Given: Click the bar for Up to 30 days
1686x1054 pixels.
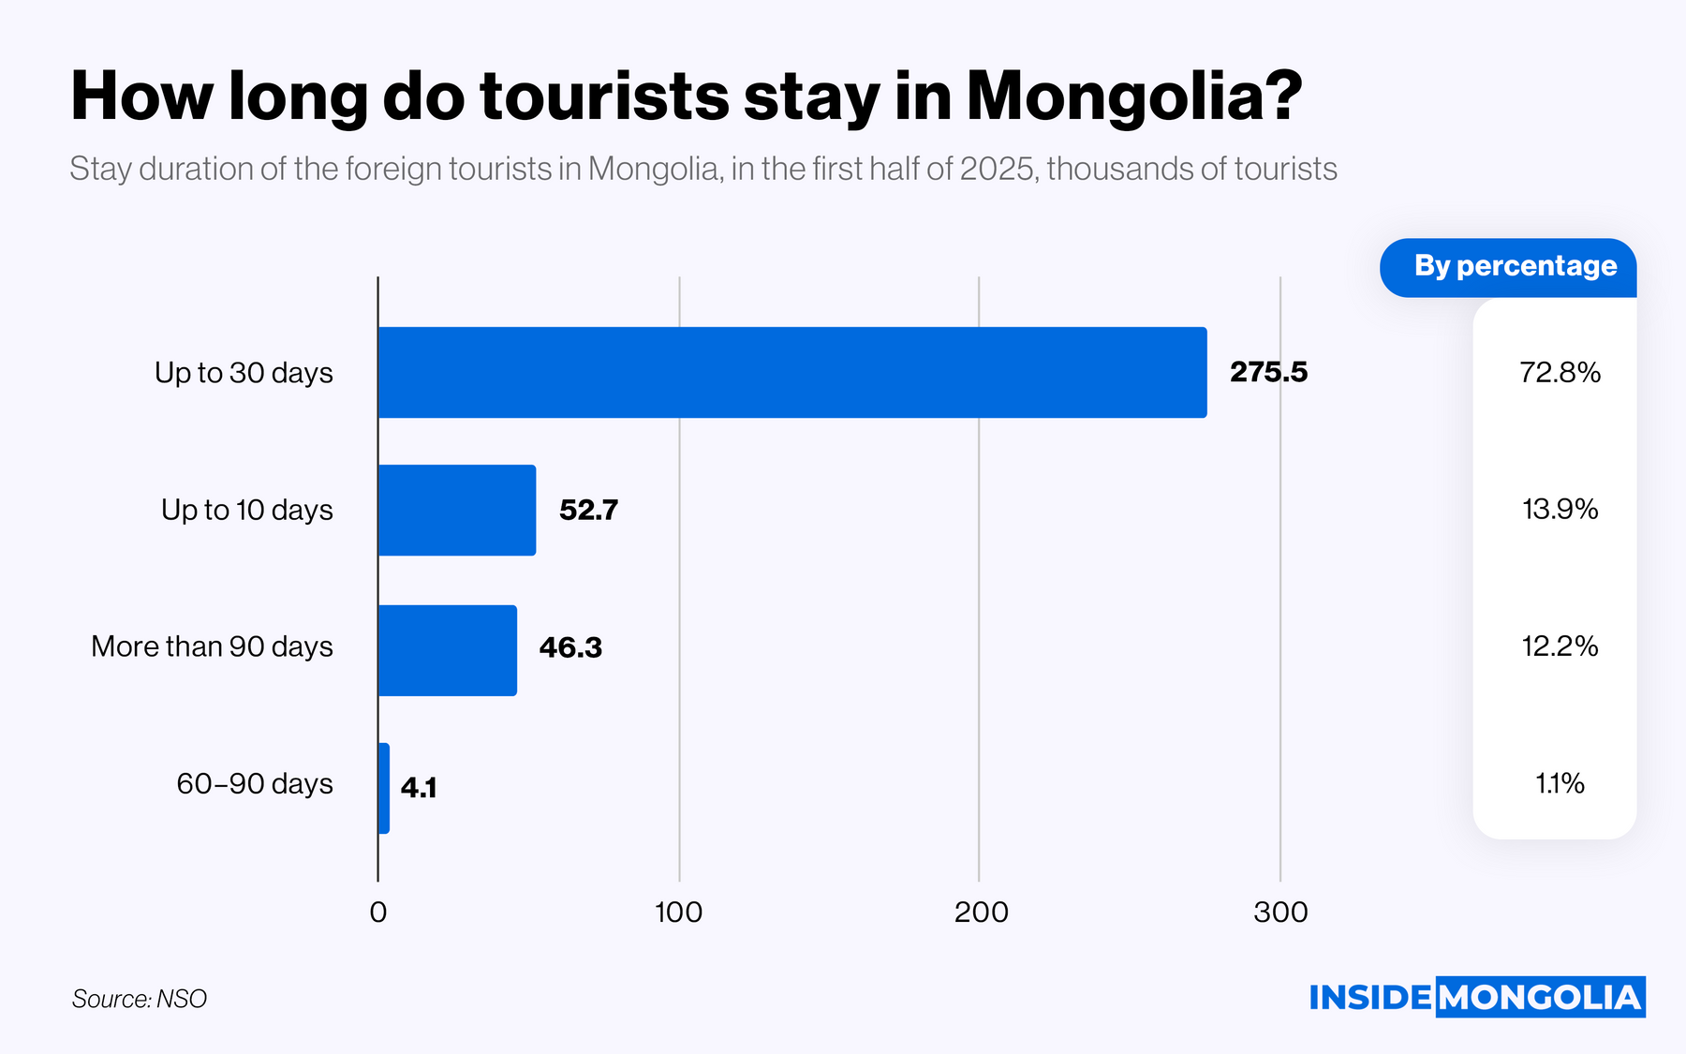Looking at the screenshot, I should pyautogui.click(x=791, y=372).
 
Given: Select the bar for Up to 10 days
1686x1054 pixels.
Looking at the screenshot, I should pyautogui.click(x=457, y=510).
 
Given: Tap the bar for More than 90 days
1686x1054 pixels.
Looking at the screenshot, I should pyautogui.click(x=447, y=650).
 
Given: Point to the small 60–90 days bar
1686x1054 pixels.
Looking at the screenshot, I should pyautogui.click(x=384, y=788).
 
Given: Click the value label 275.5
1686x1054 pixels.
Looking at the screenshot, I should pyautogui.click(x=1268, y=372).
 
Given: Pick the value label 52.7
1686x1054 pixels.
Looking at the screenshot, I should pyautogui.click(x=588, y=510).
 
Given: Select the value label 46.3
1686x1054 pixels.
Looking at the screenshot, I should pyautogui.click(x=570, y=647).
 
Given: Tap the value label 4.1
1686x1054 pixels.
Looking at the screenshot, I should pyautogui.click(x=419, y=787).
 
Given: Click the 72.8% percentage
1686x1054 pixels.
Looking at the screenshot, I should pyautogui.click(x=1560, y=372).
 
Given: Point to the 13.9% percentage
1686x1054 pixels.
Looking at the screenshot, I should pyautogui.click(x=1560, y=509).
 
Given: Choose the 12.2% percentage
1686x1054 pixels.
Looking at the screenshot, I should pyautogui.click(x=1560, y=646).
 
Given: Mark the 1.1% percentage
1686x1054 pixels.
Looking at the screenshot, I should pyautogui.click(x=1560, y=783).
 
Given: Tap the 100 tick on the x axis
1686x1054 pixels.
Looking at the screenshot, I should pyautogui.click(x=678, y=912).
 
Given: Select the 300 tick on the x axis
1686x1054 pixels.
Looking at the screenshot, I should pyautogui.click(x=1280, y=912).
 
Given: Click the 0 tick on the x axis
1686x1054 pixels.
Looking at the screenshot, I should pyautogui.click(x=378, y=912).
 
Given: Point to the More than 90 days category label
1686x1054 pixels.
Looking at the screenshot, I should pyautogui.click(x=212, y=646).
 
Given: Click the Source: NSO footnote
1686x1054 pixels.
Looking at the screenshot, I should pyautogui.click(x=140, y=999).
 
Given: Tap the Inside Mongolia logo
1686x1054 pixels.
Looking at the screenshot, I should pyautogui.click(x=1476, y=997).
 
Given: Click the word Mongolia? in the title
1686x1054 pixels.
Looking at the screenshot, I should pyautogui.click(x=1134, y=96).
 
